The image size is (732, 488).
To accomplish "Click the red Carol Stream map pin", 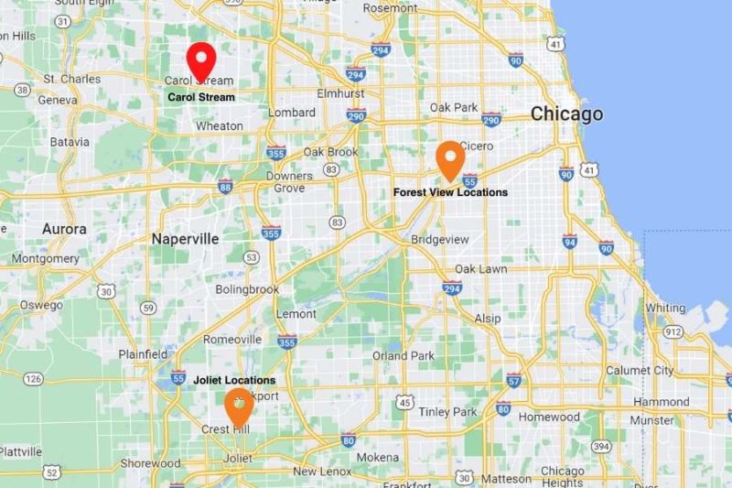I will pyautogui.click(x=200, y=61).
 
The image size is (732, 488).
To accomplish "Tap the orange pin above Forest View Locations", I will pyautogui.click(x=449, y=159).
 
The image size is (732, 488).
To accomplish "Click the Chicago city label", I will pyautogui.click(x=567, y=114).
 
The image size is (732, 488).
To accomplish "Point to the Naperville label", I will pyautogui.click(x=185, y=238).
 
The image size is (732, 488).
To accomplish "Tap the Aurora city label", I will pyautogui.click(x=64, y=229).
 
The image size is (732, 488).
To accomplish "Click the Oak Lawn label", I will pyautogui.click(x=480, y=269).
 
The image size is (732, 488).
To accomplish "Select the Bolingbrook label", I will pyautogui.click(x=247, y=289).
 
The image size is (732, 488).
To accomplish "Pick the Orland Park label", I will pyautogui.click(x=403, y=355).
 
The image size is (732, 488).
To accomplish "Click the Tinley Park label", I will pyautogui.click(x=447, y=412).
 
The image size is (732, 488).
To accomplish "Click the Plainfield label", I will pyautogui.click(x=142, y=353).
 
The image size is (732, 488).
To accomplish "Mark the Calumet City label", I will pyautogui.click(x=639, y=370).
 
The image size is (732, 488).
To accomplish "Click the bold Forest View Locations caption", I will pyautogui.click(x=450, y=192).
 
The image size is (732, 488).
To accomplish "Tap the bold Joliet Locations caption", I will pyautogui.click(x=234, y=380).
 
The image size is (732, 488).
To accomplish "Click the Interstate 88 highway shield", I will pyautogui.click(x=224, y=186).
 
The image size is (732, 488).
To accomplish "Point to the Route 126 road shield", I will pyautogui.click(x=34, y=378).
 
